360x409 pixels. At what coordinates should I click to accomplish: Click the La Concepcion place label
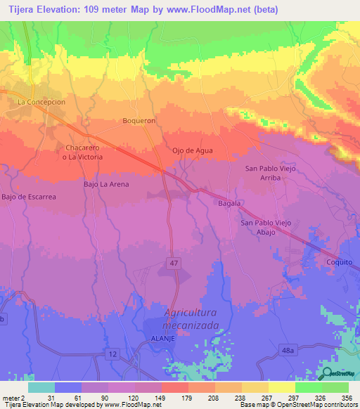pyautogui.click(x=41, y=102)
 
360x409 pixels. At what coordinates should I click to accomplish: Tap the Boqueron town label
pyautogui.click(x=138, y=120)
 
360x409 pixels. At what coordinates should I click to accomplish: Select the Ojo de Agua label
pyautogui.click(x=192, y=150)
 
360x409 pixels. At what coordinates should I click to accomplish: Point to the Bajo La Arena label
pyautogui.click(x=106, y=184)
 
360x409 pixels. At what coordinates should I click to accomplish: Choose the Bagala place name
pyautogui.click(x=229, y=203)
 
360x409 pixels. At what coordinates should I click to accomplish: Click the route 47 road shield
pyautogui.click(x=173, y=262)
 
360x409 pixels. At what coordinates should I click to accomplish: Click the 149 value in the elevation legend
pyautogui.click(x=148, y=398)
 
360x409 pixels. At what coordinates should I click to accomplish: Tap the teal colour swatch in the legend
pyautogui.click(x=41, y=387)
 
